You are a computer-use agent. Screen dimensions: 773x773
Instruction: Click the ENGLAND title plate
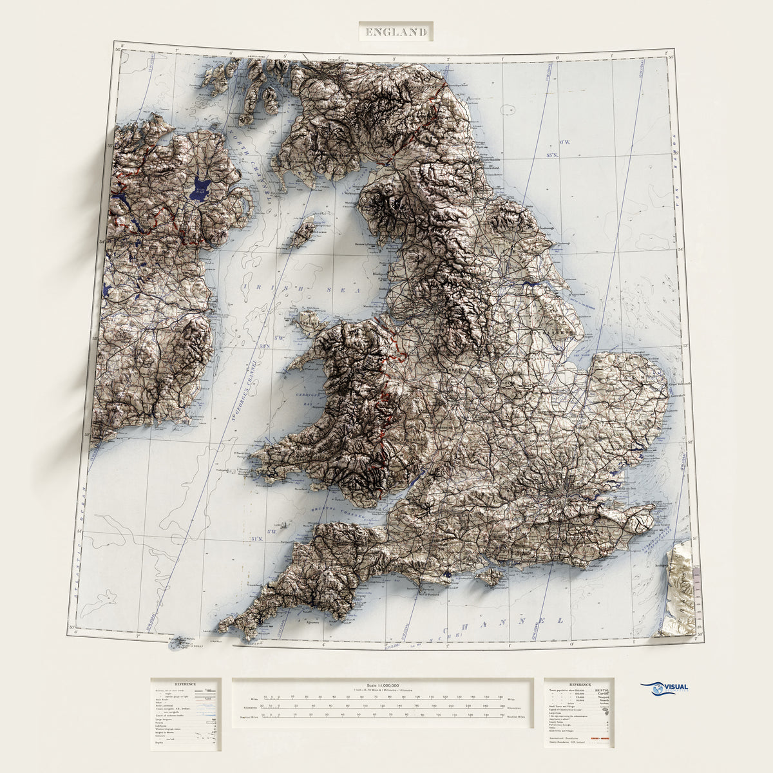coord(396,31)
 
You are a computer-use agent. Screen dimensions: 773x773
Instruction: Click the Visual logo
coord(664,689)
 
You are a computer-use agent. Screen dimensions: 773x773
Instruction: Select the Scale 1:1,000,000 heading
coord(383,685)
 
